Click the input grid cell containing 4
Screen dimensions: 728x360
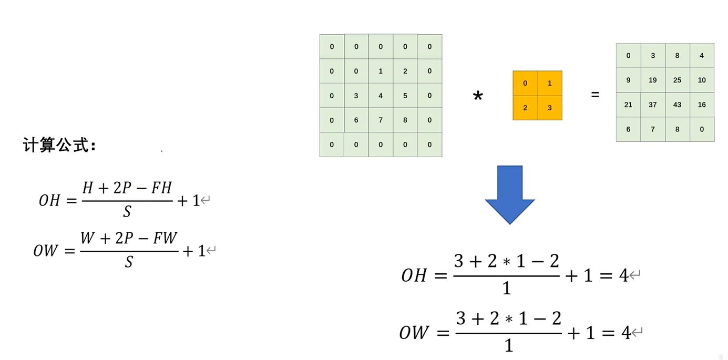381,96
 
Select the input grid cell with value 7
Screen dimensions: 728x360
381,120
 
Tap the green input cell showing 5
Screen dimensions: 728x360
405,96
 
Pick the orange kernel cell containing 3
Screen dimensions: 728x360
550,108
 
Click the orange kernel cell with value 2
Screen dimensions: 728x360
525,108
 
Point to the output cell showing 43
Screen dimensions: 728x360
677,105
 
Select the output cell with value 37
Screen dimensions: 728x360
653,105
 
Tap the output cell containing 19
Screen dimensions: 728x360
653,80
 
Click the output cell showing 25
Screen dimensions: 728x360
677,80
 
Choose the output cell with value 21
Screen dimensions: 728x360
628,105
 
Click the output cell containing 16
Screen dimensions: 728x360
702,105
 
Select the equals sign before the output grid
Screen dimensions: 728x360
595,95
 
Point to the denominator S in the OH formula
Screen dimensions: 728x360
127,212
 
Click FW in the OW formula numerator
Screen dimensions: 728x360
165,238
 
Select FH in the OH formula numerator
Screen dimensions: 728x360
161,188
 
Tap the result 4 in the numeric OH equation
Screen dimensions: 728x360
623,275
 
